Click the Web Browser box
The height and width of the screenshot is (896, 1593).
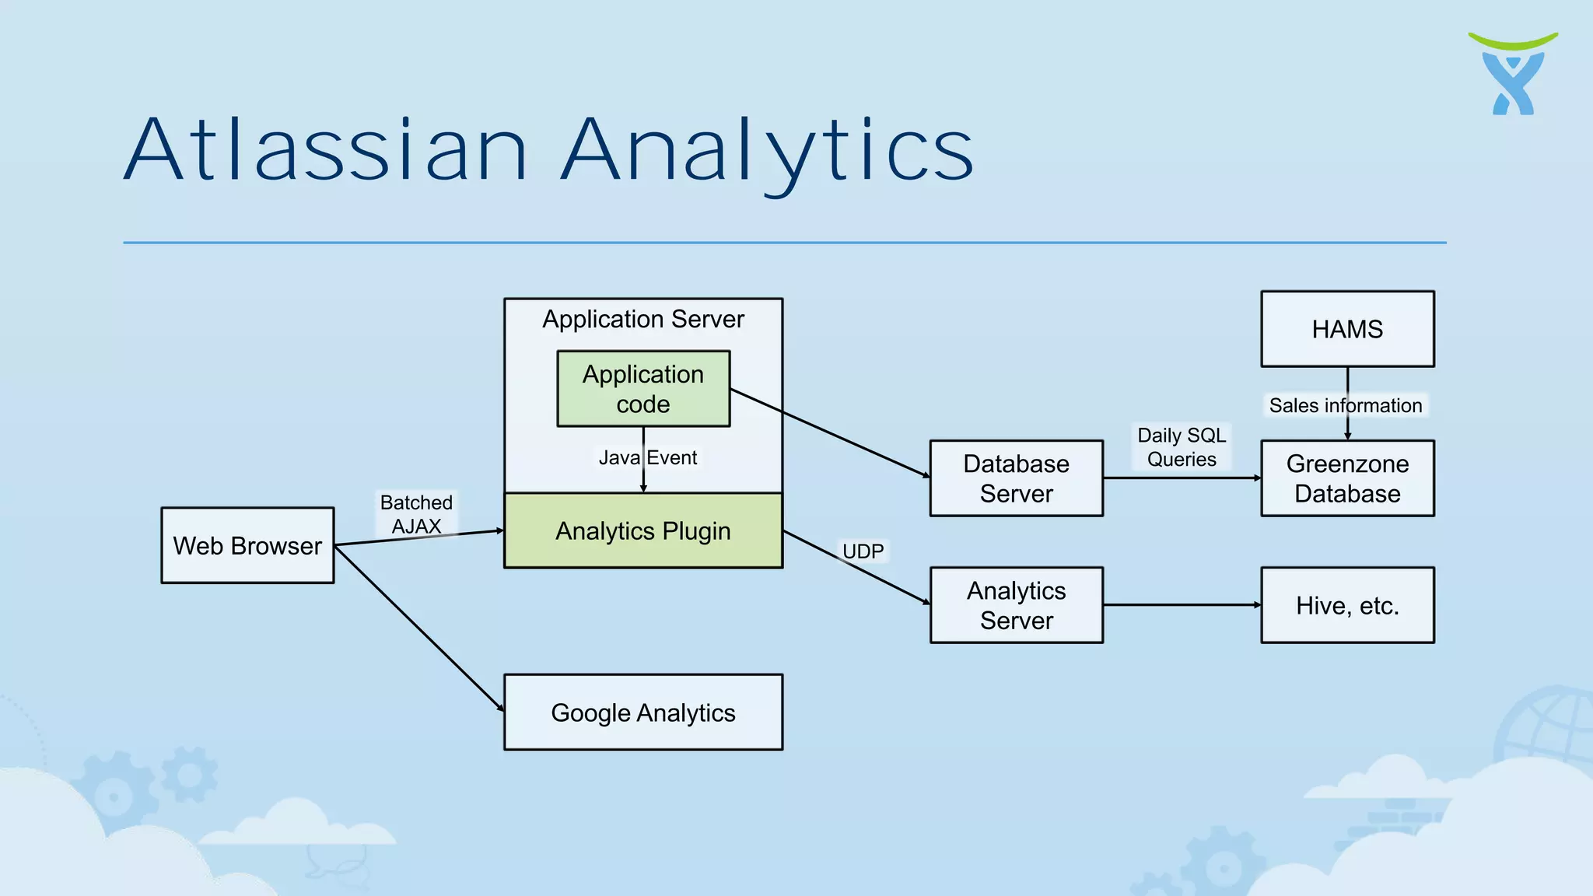pos(247,545)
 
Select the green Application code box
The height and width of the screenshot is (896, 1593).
pos(643,389)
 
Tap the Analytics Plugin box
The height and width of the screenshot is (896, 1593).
pos(643,530)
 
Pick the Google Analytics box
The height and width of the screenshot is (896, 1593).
pos(643,712)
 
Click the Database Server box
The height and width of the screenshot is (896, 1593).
pos(1016,478)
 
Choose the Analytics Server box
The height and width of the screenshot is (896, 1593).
pos(1016,605)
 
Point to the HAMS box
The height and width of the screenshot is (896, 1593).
pos(1347,329)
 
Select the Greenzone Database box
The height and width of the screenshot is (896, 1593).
pos(1347,478)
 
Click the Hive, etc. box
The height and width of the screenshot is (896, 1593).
pos(1347,605)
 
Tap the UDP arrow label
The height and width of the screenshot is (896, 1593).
pos(863,551)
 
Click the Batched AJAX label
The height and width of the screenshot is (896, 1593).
pos(416,514)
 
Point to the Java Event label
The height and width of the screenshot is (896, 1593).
pos(648,457)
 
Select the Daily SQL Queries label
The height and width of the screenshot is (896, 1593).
pos(1182,447)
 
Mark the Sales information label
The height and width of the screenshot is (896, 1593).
pos(1346,405)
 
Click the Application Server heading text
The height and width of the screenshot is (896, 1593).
pos(643,319)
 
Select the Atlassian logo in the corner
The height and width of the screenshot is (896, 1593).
pos(1513,75)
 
